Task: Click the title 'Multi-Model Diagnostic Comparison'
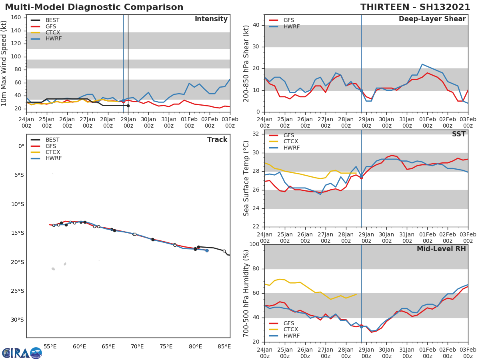pyautogui.click(x=94, y=7)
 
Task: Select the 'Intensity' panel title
pyautogui.click(x=211, y=19)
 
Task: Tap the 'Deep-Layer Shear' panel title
pyautogui.click(x=432, y=19)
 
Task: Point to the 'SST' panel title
pyautogui.click(x=458, y=134)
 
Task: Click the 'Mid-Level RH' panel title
pyautogui.click(x=441, y=249)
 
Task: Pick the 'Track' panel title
pyautogui.click(x=217, y=140)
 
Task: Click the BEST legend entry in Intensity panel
pyautogui.click(x=52, y=20)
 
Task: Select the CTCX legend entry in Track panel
pyautogui.click(x=52, y=152)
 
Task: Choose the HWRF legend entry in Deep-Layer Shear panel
pyautogui.click(x=291, y=26)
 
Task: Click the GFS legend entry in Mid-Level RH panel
pyautogui.click(x=288, y=323)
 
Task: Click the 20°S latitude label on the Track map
pyautogui.click(x=18, y=262)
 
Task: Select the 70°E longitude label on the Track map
pyautogui.click(x=137, y=346)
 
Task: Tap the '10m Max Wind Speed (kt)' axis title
pyautogui.click(x=4, y=64)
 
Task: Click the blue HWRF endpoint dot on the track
pyautogui.click(x=207, y=250)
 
